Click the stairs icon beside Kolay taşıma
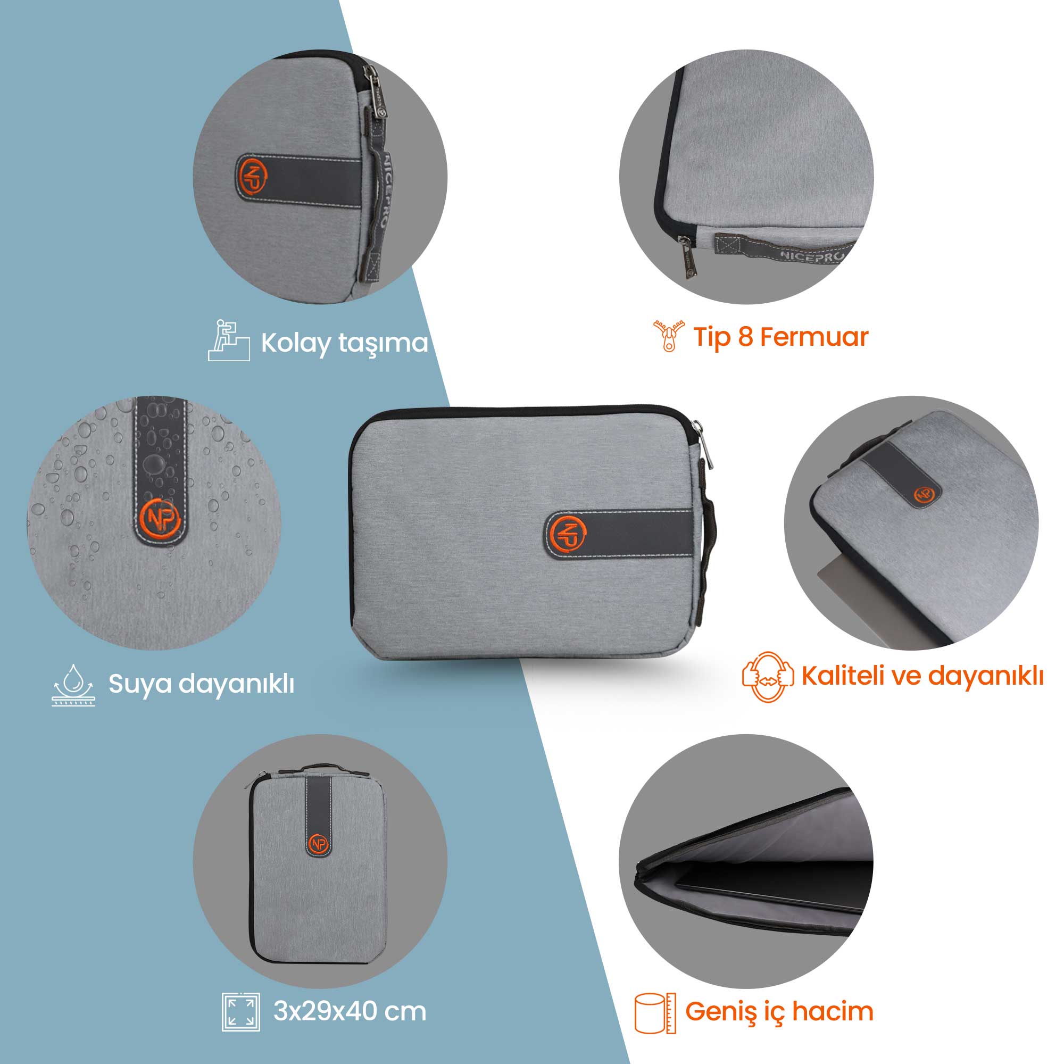(x=229, y=340)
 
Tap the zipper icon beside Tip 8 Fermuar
(x=669, y=336)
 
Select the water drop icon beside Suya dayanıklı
(x=73, y=685)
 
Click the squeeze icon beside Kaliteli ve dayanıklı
(x=767, y=676)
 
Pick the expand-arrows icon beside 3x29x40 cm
(x=240, y=1012)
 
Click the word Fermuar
(x=814, y=337)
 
